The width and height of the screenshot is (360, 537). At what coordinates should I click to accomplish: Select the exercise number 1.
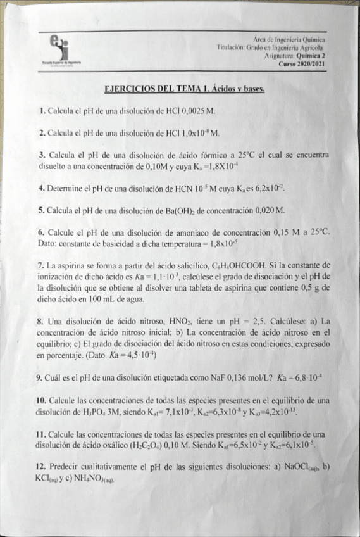[x=41, y=111]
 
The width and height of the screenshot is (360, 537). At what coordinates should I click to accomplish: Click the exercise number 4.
[x=40, y=189]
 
